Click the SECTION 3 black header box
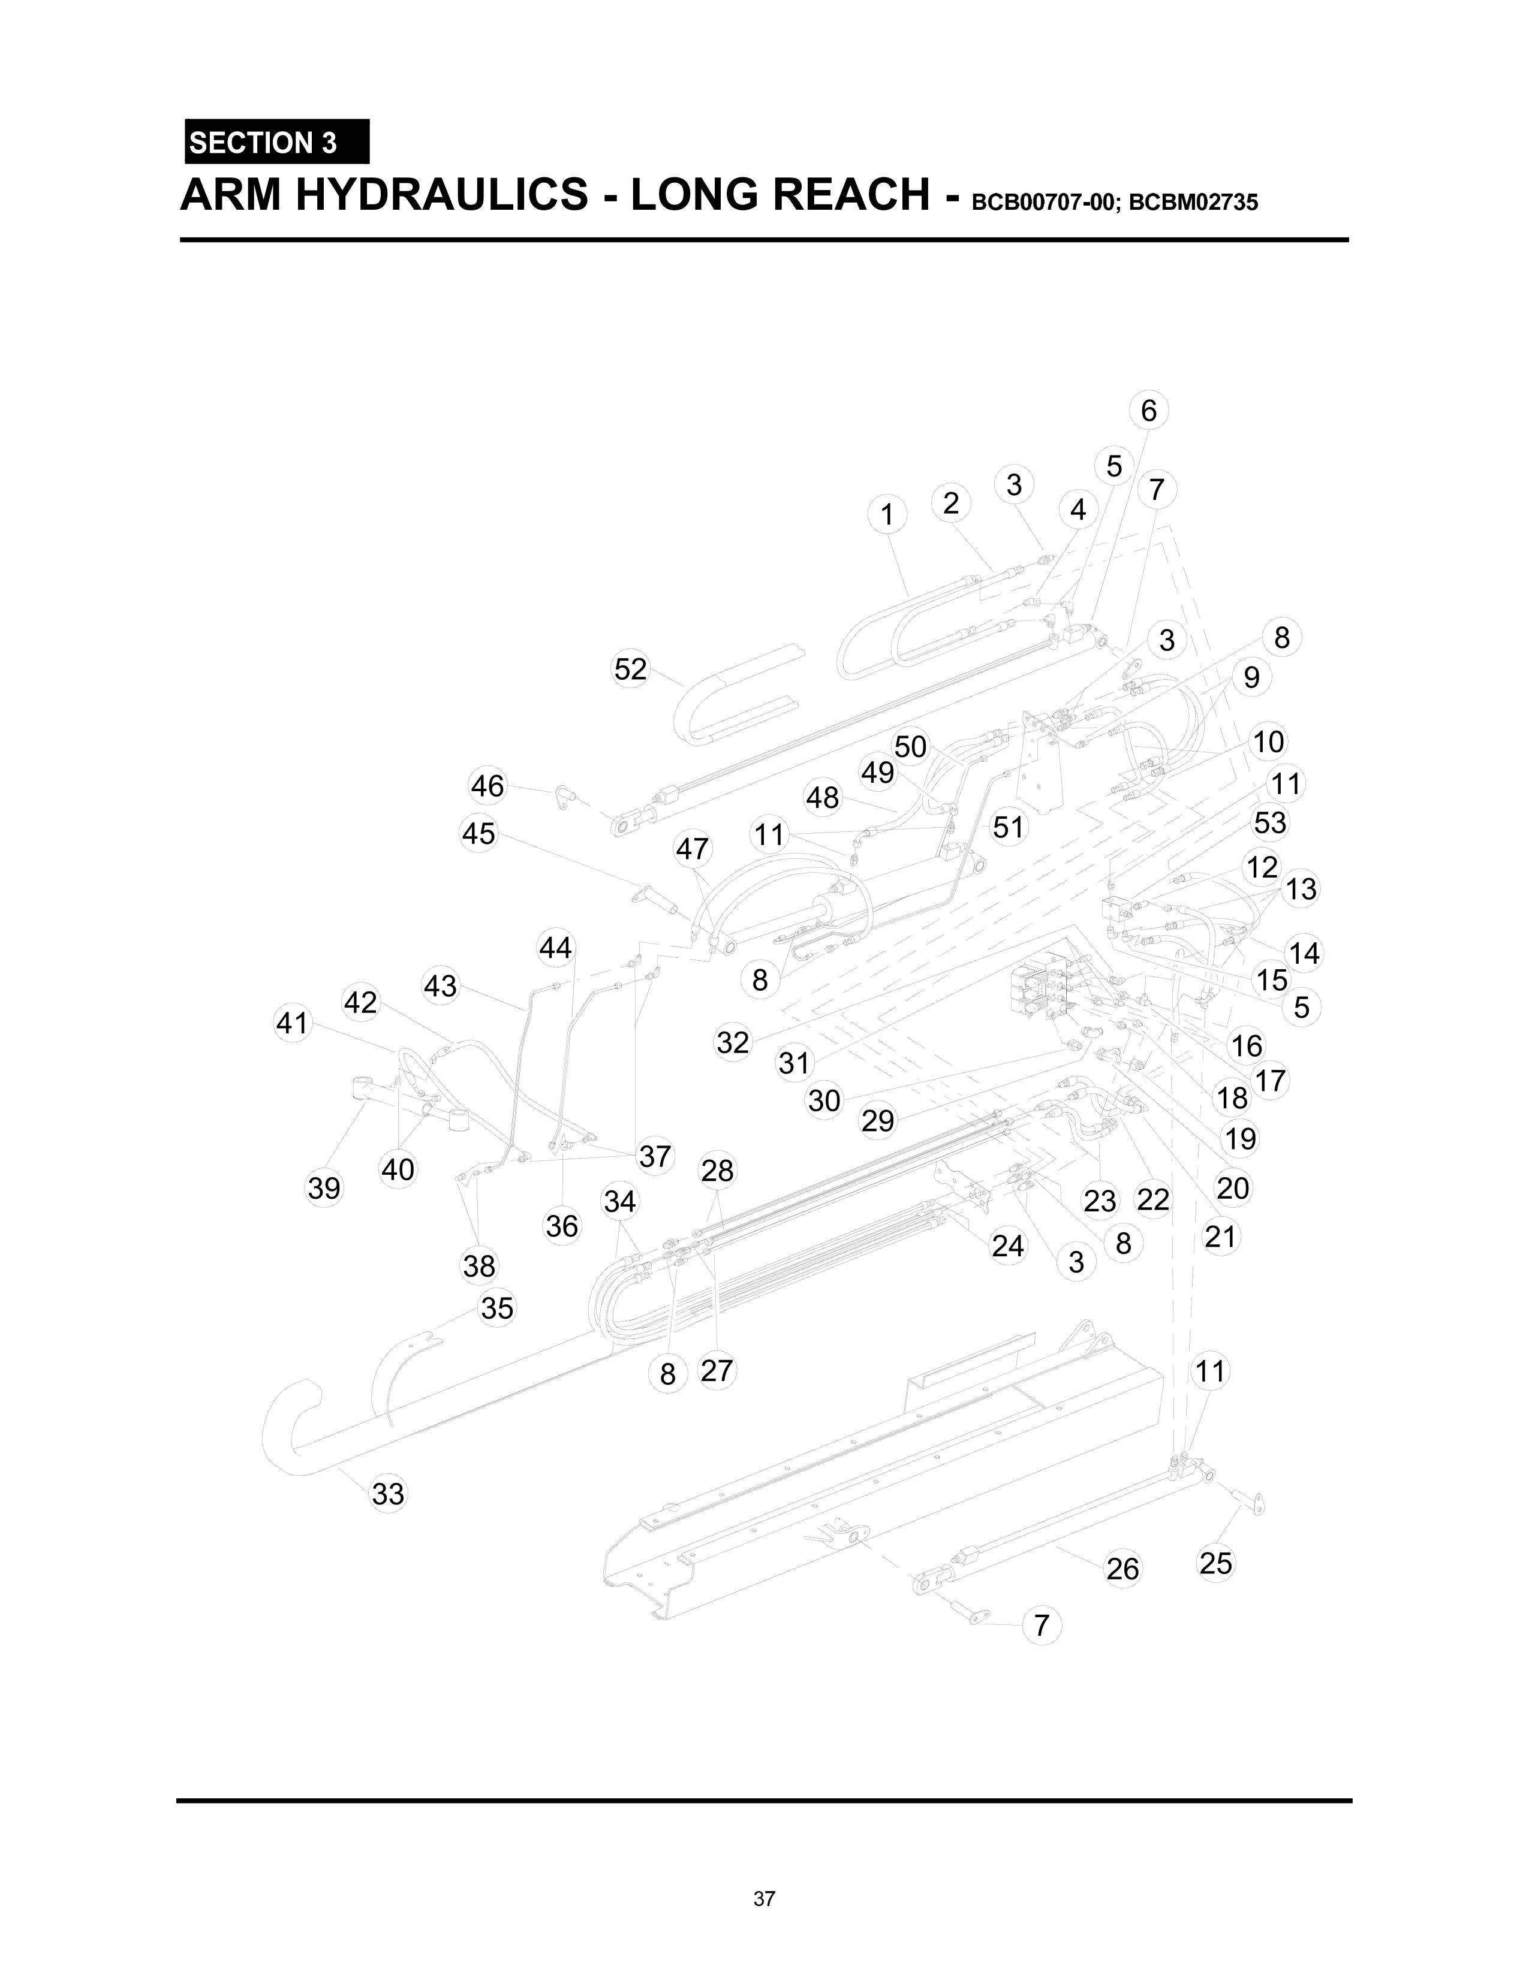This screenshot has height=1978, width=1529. point(276,142)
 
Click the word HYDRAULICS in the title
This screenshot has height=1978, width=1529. point(442,195)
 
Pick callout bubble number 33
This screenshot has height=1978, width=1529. point(388,1494)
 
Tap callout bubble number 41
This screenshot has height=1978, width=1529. point(291,1023)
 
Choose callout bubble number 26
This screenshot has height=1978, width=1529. point(1122,1568)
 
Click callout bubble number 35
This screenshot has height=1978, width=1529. point(496,1308)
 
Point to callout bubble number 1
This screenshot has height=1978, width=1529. point(887,514)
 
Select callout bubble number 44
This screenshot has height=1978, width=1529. point(555,948)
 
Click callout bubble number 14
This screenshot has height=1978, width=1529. point(1304,953)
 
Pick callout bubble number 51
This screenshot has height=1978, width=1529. point(1007,827)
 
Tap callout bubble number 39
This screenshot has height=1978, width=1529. point(323,1187)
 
